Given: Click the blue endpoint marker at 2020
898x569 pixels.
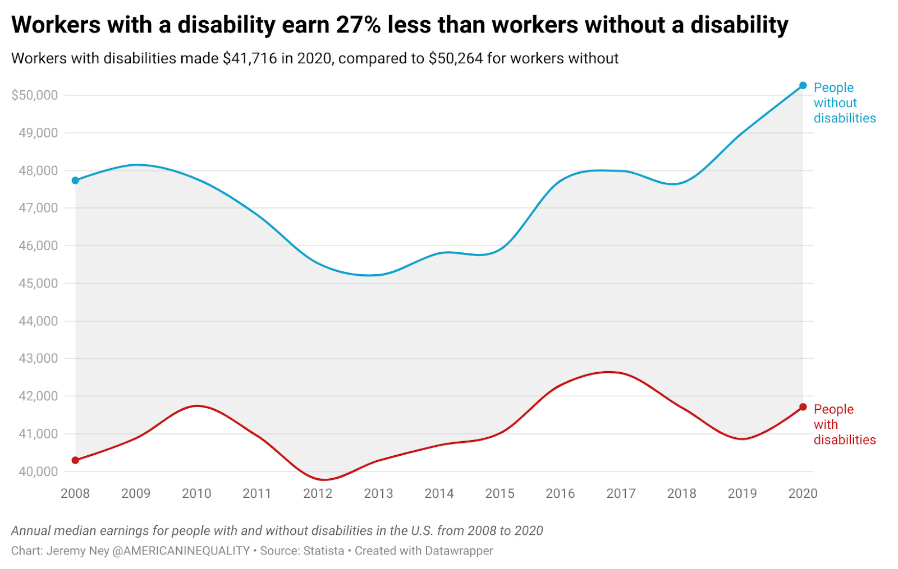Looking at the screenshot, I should point(803,85).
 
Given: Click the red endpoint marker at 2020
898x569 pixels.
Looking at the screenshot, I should point(803,407).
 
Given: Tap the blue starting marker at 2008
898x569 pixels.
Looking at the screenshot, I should point(75,181).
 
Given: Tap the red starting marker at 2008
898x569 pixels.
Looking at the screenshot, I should point(75,460).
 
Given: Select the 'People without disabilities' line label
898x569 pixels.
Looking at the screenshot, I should point(844,103).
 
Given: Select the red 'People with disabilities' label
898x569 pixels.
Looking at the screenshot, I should point(844,424).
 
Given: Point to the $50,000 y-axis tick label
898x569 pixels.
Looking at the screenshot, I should point(35,95).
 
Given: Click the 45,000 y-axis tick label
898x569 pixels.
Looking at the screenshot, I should point(38,284).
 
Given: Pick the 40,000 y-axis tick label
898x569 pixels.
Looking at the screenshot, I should point(38,472).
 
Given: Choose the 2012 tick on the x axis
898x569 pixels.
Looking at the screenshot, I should point(318,493).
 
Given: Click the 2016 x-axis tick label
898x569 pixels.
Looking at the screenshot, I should point(560,493).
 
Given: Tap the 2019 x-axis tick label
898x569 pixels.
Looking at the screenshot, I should point(742,493).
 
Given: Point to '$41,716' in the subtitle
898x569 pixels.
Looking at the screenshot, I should point(250,59).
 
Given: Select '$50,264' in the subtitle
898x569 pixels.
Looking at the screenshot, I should point(456,59).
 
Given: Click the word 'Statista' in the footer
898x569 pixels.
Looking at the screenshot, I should point(323,551).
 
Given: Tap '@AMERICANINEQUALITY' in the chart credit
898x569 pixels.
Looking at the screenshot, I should point(181,551).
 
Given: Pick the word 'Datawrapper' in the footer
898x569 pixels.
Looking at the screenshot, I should point(459,551).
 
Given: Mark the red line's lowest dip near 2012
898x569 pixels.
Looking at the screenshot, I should point(324,479).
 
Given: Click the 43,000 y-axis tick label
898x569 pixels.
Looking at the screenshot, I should point(38,359).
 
